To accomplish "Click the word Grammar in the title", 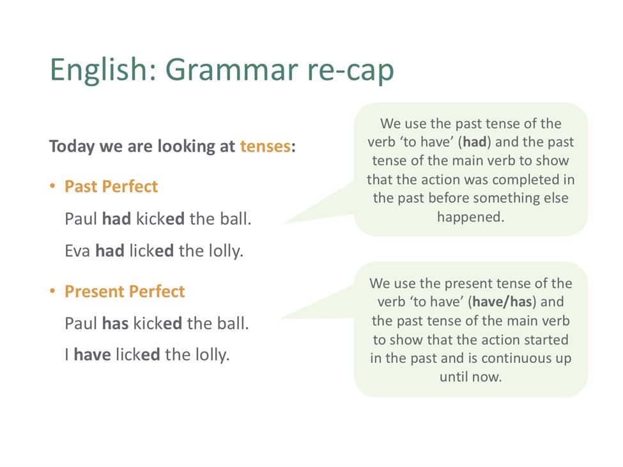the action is click(x=232, y=70).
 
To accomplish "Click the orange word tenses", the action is click(x=265, y=146).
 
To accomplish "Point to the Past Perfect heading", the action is click(x=111, y=187).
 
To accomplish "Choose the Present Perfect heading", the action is click(x=125, y=291).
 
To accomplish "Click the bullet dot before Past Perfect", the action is click(x=52, y=186).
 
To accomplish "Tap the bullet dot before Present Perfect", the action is click(x=52, y=291).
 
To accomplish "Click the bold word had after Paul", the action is click(x=116, y=219).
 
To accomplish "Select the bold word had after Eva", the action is click(x=110, y=250).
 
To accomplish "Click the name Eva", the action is click(x=77, y=251).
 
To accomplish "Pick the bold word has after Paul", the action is click(x=115, y=323).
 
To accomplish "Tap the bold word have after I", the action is click(x=92, y=355).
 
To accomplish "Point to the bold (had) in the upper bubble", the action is click(x=475, y=142).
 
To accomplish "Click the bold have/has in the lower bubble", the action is click(x=502, y=302).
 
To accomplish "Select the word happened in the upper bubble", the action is click(x=471, y=217).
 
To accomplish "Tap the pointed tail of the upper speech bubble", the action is click(x=284, y=223).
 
